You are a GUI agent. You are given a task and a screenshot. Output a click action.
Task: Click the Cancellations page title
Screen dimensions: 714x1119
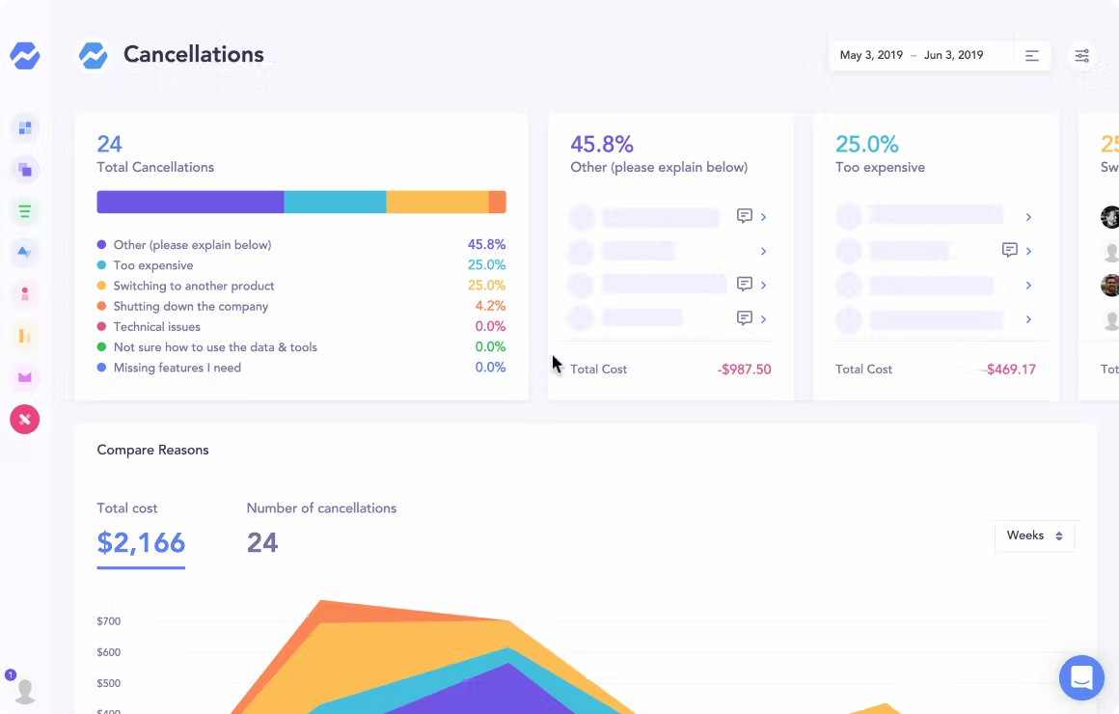193,55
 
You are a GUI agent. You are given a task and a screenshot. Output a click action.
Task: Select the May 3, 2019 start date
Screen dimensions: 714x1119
871,55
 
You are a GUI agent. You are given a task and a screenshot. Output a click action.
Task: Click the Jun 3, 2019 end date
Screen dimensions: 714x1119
953,55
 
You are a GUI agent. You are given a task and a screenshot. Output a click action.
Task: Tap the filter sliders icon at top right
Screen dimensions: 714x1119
1082,56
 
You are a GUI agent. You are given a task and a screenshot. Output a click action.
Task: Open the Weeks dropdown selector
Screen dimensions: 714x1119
1034,535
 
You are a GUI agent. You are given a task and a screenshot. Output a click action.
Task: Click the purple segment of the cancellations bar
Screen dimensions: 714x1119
190,202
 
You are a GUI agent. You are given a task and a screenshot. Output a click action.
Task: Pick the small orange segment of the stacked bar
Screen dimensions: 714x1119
498,202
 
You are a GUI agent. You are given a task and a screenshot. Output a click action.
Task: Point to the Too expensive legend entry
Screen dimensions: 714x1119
152,265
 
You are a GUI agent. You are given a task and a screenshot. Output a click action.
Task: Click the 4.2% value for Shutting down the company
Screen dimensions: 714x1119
490,306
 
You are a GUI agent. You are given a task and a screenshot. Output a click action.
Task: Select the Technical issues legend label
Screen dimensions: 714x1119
156,327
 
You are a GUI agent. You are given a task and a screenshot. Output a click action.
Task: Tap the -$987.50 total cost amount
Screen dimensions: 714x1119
744,370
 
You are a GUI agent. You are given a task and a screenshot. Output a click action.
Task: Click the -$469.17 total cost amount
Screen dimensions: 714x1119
1010,370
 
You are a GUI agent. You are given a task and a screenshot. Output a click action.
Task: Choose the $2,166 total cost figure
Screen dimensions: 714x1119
141,542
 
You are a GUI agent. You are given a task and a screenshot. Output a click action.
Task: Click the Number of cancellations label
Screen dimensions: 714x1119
321,508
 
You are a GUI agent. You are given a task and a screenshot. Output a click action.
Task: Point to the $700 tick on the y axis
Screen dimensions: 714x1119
108,621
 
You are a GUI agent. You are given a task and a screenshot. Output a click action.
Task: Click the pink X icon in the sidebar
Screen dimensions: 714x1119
25,419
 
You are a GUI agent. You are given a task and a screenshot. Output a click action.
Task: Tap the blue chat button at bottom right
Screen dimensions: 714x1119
1081,678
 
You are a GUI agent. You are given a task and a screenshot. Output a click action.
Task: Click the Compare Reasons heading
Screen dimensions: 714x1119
152,451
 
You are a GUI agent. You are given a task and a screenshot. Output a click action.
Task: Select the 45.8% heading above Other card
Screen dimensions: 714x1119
602,145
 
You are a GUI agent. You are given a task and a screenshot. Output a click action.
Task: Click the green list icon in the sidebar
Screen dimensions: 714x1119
25,211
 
